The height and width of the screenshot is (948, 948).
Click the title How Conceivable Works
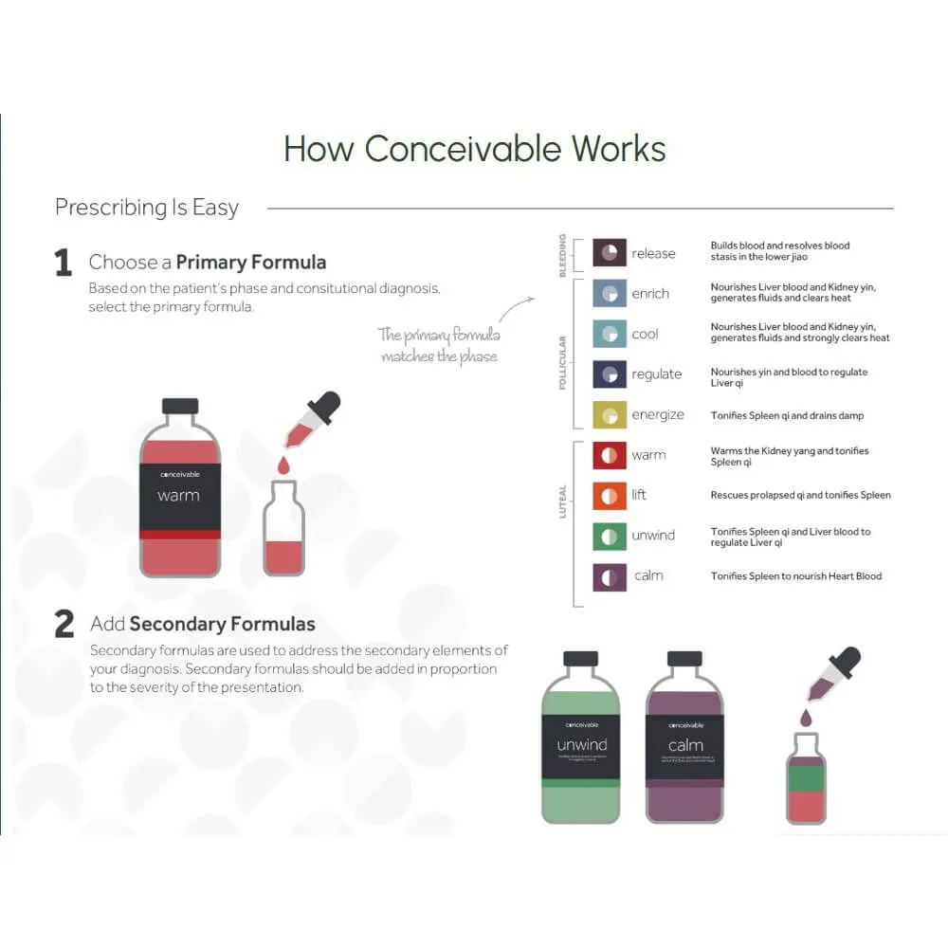(x=474, y=149)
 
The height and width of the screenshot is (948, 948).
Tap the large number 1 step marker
(x=64, y=263)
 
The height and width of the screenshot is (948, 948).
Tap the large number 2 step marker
(x=64, y=624)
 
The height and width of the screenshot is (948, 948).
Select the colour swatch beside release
(x=610, y=252)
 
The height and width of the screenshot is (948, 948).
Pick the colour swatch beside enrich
(x=610, y=293)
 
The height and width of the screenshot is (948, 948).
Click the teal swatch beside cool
(x=610, y=334)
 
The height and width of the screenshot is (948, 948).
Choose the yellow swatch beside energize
(x=610, y=415)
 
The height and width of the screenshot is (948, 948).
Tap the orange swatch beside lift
(x=610, y=495)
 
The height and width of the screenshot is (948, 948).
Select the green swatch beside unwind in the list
(x=610, y=536)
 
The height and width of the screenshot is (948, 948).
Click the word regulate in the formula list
(x=657, y=374)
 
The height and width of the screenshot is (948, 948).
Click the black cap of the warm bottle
(x=180, y=406)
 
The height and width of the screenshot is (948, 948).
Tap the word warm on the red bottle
(x=179, y=496)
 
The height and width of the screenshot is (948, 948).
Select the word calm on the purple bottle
(x=684, y=745)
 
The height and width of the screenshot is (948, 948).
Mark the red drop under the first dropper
(x=283, y=466)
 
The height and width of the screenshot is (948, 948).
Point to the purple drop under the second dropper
(x=805, y=718)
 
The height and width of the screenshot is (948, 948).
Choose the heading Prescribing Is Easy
(x=147, y=208)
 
